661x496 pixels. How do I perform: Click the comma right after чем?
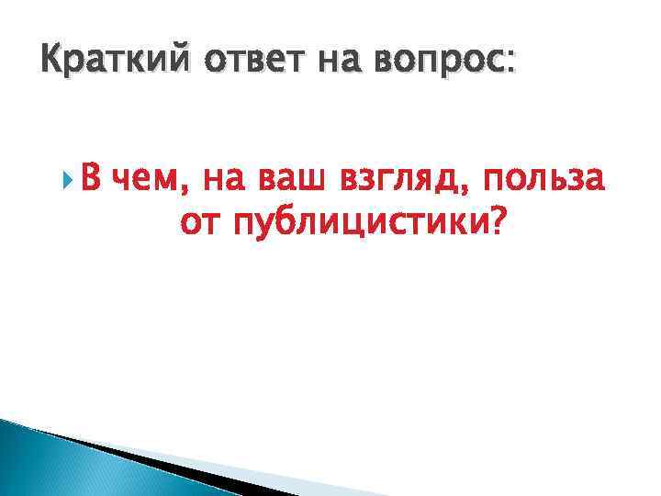click(x=188, y=186)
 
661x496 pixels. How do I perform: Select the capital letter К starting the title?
click(x=53, y=63)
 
